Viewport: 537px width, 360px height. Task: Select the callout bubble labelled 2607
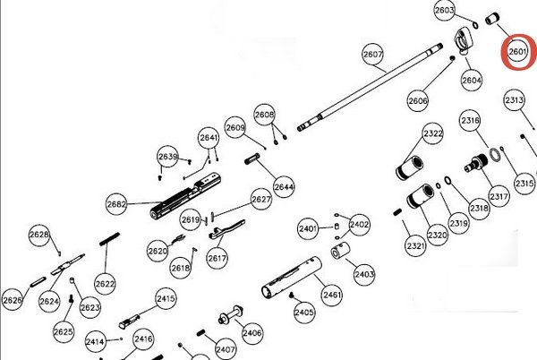tap(372, 55)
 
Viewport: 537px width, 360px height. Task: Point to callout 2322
tap(433, 133)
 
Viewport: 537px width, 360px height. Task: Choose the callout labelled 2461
tap(332, 294)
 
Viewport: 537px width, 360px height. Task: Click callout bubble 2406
tap(252, 332)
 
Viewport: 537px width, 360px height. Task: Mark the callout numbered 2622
tap(105, 284)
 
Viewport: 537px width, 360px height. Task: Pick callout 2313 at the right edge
tap(514, 100)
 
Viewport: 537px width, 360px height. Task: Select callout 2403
tap(363, 274)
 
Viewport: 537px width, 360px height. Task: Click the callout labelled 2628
tap(39, 235)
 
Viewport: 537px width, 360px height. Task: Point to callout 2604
tap(472, 79)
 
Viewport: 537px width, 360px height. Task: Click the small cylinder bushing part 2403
tap(340, 254)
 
